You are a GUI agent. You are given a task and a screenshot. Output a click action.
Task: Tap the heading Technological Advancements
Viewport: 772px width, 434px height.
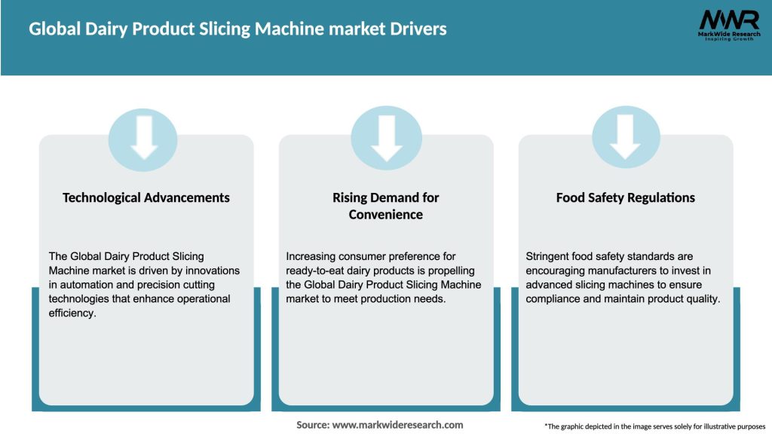point(146,197)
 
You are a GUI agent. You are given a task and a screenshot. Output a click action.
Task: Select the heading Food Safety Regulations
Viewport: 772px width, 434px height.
point(625,197)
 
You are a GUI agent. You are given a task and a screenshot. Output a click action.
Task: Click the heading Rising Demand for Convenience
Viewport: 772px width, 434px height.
point(386,206)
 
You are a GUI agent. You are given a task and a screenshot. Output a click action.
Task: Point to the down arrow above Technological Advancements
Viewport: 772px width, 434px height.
point(143,136)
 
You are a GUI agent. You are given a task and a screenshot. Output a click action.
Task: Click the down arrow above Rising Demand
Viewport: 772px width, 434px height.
point(386,136)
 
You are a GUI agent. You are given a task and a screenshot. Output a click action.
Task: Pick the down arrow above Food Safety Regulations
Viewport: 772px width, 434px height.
point(625,136)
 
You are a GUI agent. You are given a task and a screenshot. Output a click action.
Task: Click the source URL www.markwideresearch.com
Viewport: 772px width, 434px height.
point(397,425)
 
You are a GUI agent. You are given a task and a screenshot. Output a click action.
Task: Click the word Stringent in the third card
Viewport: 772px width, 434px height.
point(549,257)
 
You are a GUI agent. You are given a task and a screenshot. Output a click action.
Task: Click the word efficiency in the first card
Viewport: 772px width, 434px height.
point(73,313)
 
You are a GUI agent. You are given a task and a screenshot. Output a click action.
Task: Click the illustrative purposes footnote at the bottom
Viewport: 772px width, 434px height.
point(654,426)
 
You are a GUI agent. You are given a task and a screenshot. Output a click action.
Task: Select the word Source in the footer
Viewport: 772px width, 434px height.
point(311,425)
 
